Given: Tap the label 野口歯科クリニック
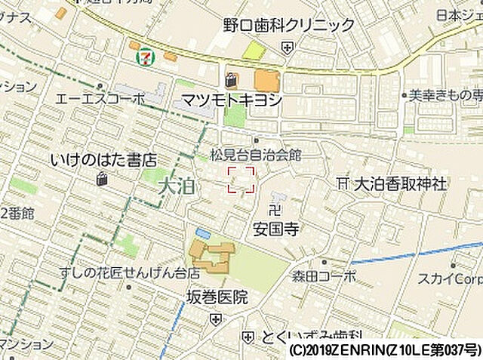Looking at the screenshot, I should click(x=288, y=25).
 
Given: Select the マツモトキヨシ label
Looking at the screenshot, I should click(x=232, y=100).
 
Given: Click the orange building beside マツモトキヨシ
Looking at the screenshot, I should click(x=266, y=79).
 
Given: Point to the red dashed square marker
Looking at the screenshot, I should click(x=241, y=180).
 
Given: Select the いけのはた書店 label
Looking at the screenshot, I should click(x=103, y=160).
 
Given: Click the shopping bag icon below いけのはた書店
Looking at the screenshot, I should click(x=102, y=179).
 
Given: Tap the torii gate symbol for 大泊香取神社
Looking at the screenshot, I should click(x=343, y=183).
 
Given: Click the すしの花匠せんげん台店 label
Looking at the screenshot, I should click(x=130, y=272).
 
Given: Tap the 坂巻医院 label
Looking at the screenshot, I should click(x=217, y=297).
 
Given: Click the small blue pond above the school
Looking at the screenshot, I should click(x=202, y=233).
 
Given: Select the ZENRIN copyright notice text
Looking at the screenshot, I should click(x=383, y=351).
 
